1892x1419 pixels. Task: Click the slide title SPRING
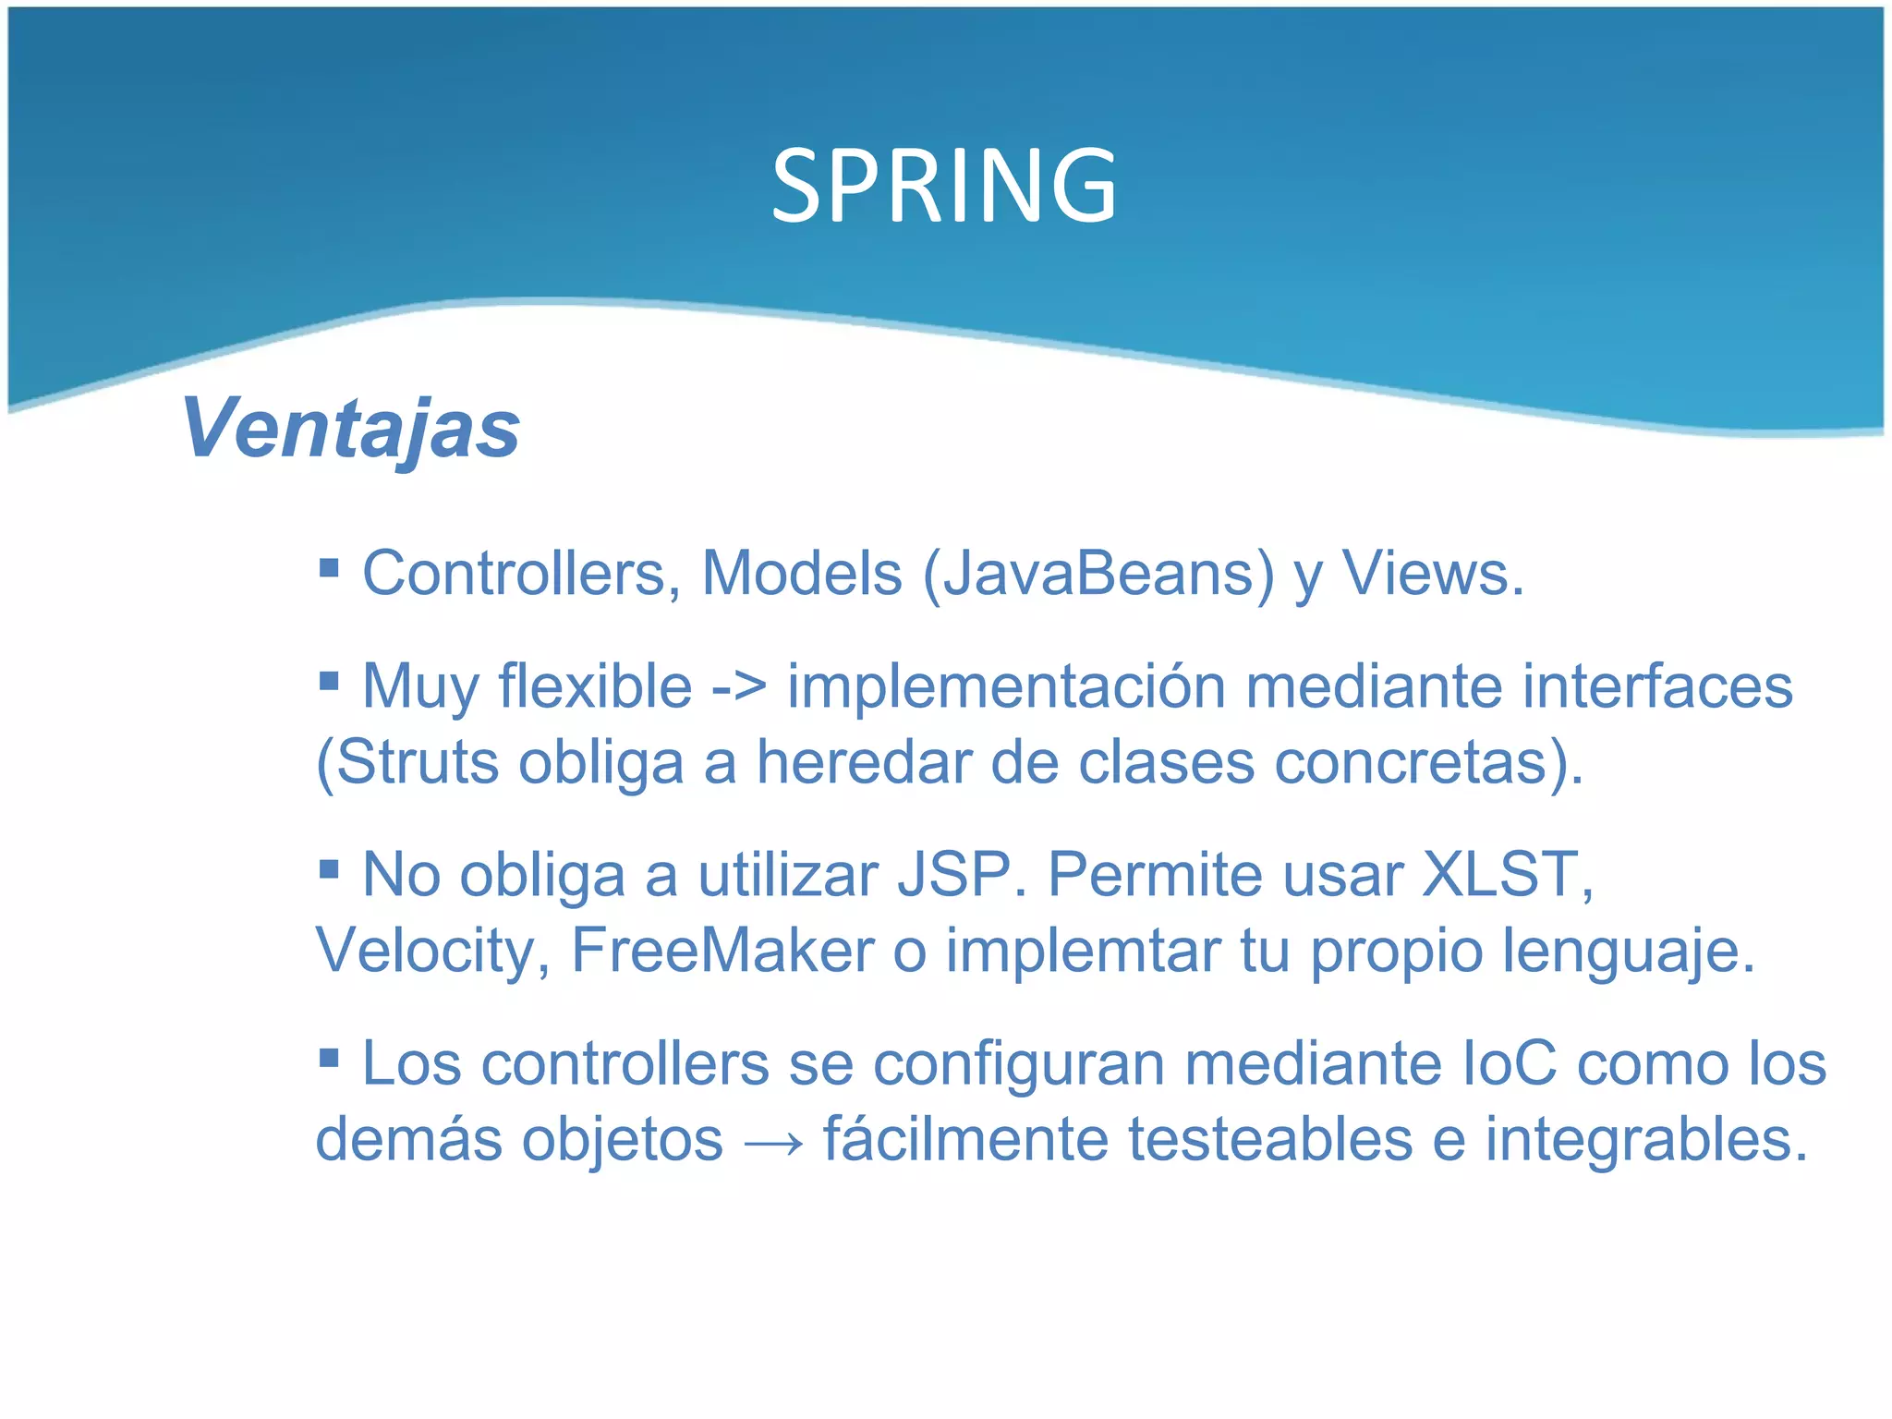pyautogui.click(x=944, y=187)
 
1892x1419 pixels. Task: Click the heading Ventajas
pyautogui.click(x=351, y=428)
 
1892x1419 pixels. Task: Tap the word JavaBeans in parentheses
pyautogui.click(x=1098, y=574)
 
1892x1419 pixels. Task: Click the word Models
pyautogui.click(x=801, y=574)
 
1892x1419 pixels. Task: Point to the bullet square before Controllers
pyautogui.click(x=329, y=566)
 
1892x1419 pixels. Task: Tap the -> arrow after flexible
pyautogui.click(x=739, y=687)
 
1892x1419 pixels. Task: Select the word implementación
pyautogui.click(x=1006, y=687)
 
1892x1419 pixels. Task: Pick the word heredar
pyautogui.click(x=864, y=763)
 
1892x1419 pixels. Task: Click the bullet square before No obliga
pyautogui.click(x=329, y=869)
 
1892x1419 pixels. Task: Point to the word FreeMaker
pyautogui.click(x=722, y=951)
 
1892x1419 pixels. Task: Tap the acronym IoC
pyautogui.click(x=1510, y=1064)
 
